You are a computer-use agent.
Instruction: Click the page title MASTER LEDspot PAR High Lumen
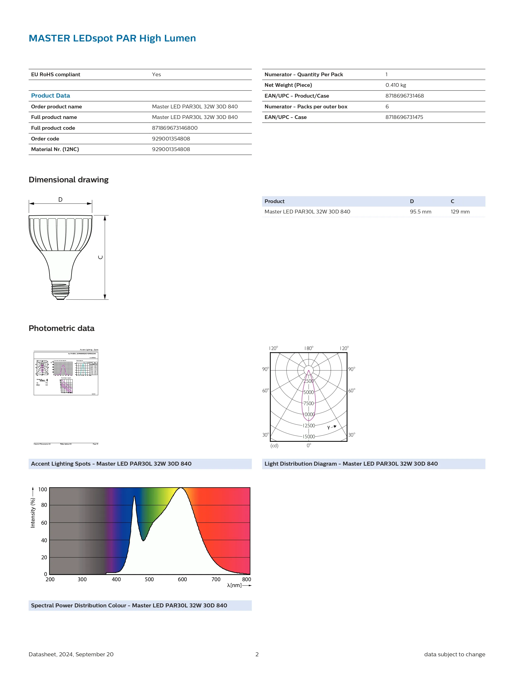click(x=112, y=38)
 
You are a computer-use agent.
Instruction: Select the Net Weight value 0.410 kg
click(x=395, y=85)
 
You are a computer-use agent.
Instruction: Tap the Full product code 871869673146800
click(x=174, y=128)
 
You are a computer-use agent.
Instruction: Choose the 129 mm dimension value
click(x=460, y=212)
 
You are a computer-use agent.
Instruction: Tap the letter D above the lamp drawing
click(x=60, y=200)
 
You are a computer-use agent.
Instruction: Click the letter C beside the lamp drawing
click(x=100, y=257)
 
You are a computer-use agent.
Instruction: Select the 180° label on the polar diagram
click(x=309, y=348)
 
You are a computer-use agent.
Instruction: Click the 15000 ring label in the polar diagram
click(x=309, y=437)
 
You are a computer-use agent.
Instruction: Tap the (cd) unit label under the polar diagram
click(x=274, y=446)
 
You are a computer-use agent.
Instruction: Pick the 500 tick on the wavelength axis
click(x=149, y=579)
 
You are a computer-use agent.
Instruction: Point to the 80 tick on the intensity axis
click(x=44, y=505)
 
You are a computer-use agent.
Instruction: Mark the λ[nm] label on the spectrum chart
click(x=234, y=585)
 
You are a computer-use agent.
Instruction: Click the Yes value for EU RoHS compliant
click(x=156, y=74)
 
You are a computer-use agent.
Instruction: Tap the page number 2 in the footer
click(x=257, y=654)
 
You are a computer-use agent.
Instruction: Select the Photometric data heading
click(x=62, y=328)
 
